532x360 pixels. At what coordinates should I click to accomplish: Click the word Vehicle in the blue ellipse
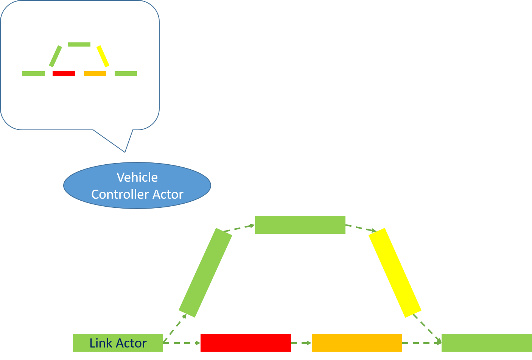(x=137, y=177)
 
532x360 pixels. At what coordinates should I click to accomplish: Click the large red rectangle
(x=246, y=343)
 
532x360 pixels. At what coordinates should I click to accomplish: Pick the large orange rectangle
(x=357, y=343)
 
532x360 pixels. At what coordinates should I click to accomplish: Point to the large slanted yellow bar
(x=395, y=273)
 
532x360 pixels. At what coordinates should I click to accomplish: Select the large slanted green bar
(x=205, y=273)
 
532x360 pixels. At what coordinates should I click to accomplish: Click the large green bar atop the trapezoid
(x=300, y=225)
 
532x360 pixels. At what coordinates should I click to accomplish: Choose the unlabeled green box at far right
(x=487, y=343)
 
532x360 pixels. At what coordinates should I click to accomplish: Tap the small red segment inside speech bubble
(x=64, y=73)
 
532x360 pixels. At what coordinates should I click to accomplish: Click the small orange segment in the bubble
(x=95, y=73)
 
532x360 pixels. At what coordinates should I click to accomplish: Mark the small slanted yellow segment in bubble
(x=103, y=56)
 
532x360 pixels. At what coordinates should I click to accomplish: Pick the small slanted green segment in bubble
(x=56, y=56)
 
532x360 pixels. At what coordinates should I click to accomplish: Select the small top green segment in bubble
(x=79, y=45)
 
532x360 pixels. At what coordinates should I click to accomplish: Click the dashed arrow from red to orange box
(x=301, y=343)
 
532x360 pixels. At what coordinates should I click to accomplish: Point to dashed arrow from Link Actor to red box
(x=182, y=343)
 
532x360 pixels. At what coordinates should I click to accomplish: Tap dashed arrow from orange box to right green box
(x=422, y=343)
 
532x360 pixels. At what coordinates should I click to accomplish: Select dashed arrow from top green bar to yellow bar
(x=361, y=228)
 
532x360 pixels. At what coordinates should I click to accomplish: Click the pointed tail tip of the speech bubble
(x=124, y=152)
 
